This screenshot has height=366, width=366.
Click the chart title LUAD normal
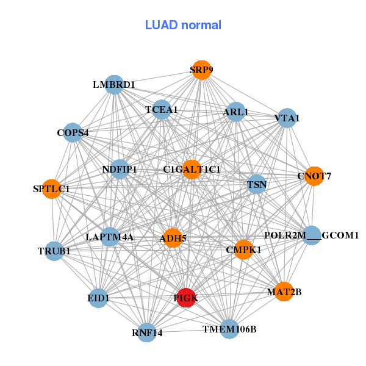coord(183,25)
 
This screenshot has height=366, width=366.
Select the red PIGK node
coord(185,298)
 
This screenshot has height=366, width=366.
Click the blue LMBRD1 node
coord(115,84)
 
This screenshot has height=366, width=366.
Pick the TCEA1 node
coord(162,110)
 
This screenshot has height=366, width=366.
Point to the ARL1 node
coord(235,112)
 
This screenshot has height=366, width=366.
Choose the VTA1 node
coord(287,118)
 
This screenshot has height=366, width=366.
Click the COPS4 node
coord(73,132)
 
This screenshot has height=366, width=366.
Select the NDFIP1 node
coord(120,169)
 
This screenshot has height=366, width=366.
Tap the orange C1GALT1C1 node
coord(192,169)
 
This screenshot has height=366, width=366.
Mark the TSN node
coord(256,184)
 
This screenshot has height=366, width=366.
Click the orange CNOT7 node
coord(314,176)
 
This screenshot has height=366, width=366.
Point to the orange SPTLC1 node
coord(52,189)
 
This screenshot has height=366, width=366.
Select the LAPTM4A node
coord(110,237)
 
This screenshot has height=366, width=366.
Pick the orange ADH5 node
coord(173,238)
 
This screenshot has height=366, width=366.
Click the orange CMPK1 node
coord(243,249)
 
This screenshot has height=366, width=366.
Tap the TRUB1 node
coord(54,251)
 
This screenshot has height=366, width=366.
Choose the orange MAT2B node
coord(284,292)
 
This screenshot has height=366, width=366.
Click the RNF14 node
coord(147,332)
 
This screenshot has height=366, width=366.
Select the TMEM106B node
coord(229,329)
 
